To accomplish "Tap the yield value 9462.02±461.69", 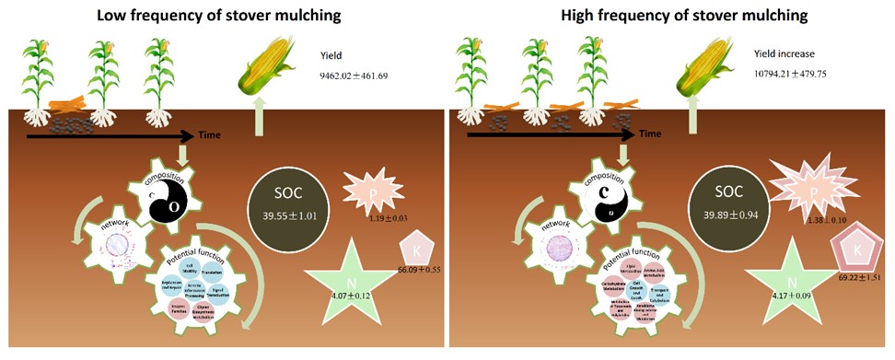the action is tap(355, 75).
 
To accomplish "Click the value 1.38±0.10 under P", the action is tap(822, 223).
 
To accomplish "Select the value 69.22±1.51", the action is tap(857, 275).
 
